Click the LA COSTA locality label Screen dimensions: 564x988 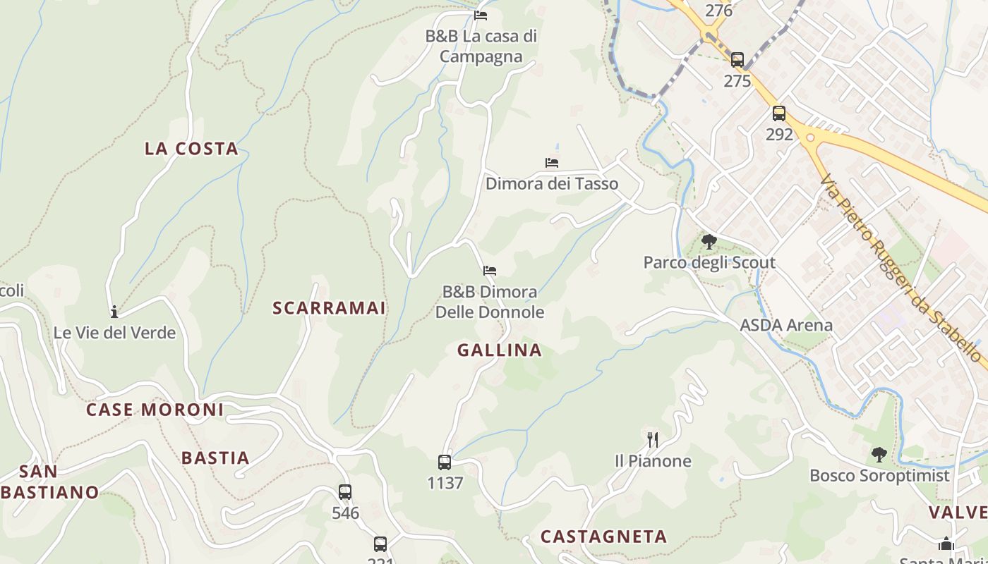point(191,149)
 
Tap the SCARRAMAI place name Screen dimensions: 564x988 point(329,308)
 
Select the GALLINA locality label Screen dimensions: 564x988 point(500,350)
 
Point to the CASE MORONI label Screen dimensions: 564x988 point(155,410)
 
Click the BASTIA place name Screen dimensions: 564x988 point(215,458)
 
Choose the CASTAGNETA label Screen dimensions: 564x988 point(603,537)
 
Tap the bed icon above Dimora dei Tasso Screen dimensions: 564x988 point(552,163)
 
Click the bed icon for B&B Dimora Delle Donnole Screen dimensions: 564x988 point(490,271)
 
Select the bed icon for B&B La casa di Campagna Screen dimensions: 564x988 point(481,15)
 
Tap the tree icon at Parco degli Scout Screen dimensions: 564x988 point(709,242)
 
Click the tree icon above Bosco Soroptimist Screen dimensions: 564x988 point(879,454)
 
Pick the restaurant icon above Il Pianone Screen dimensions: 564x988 point(653,440)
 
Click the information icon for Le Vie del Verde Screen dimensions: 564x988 point(114,312)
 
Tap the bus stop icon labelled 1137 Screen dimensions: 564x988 point(445,462)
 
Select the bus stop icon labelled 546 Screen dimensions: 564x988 point(345,492)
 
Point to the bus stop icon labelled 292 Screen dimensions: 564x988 point(779,114)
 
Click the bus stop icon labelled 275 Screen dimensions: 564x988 point(737,60)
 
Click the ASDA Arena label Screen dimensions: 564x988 point(786,326)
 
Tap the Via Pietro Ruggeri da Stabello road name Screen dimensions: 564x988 point(903,269)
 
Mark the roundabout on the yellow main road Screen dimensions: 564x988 point(809,137)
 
